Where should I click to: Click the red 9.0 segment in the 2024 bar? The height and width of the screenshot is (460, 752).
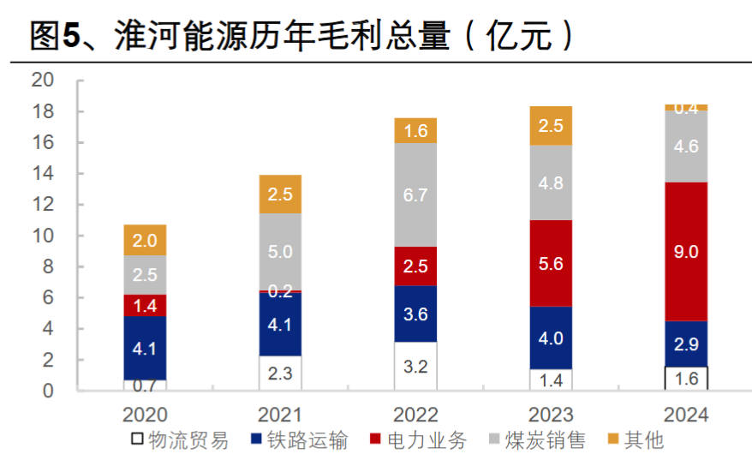(x=686, y=252)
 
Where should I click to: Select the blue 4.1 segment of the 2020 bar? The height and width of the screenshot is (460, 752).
(x=145, y=349)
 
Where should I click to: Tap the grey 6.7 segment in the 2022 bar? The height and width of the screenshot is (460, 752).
(x=415, y=195)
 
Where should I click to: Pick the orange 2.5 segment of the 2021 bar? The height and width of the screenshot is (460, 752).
(x=280, y=194)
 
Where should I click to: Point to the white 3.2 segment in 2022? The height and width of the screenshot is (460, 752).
(x=415, y=367)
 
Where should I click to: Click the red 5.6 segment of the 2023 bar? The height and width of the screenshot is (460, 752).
(x=551, y=263)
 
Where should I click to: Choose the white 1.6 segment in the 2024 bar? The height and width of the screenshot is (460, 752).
(x=686, y=379)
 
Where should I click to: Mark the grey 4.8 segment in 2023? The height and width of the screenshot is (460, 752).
(x=551, y=183)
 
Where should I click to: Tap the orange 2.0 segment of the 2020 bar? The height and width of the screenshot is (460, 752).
(x=145, y=241)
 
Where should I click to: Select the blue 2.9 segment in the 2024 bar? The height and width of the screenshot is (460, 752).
(x=686, y=344)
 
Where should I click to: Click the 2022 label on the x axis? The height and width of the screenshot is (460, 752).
(x=415, y=415)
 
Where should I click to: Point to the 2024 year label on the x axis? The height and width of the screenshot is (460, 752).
(x=686, y=415)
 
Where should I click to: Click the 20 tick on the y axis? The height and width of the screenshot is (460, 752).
(x=43, y=81)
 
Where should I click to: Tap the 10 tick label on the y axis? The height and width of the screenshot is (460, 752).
(x=43, y=236)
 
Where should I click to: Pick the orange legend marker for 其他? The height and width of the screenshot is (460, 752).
(x=612, y=441)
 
